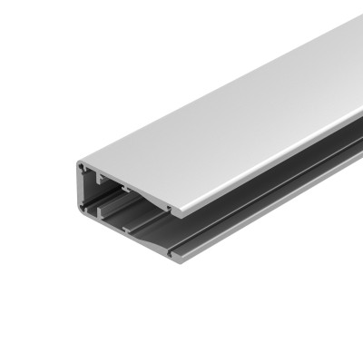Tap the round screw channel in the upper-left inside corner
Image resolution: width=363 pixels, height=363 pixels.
click(83, 169)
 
